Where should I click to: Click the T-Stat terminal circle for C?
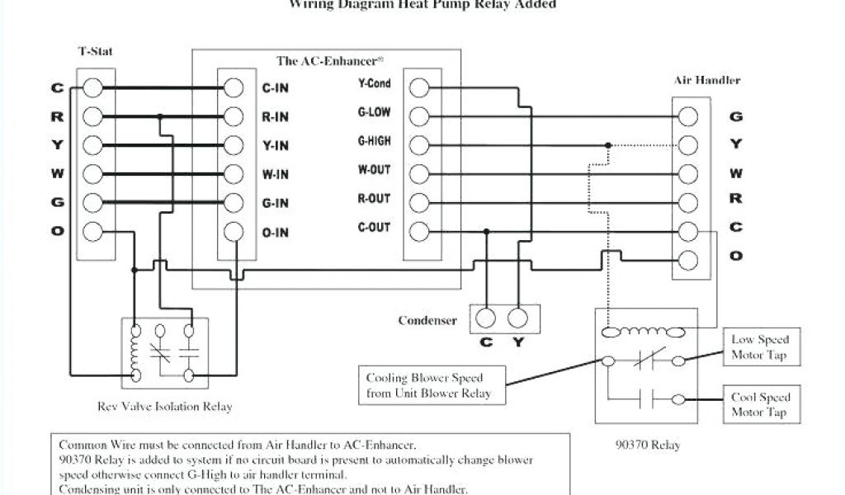(x=92, y=87)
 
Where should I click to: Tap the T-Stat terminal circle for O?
(x=92, y=232)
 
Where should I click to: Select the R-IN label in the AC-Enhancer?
(x=275, y=117)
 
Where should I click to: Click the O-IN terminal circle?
(x=234, y=232)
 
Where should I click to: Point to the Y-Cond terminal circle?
(x=419, y=87)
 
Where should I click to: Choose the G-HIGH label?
(x=374, y=141)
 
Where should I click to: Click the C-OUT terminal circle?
(x=419, y=232)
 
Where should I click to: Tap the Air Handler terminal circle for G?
(x=690, y=116)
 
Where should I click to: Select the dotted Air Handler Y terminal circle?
(x=690, y=145)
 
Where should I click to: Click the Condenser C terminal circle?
(x=487, y=318)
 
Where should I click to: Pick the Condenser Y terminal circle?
(x=517, y=318)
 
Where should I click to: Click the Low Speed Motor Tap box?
(x=759, y=347)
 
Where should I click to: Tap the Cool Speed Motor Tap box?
(x=759, y=404)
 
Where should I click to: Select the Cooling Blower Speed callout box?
(x=432, y=385)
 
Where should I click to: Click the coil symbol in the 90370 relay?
(x=644, y=332)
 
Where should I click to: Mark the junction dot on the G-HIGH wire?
(x=608, y=145)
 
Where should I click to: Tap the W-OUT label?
(x=374, y=170)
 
